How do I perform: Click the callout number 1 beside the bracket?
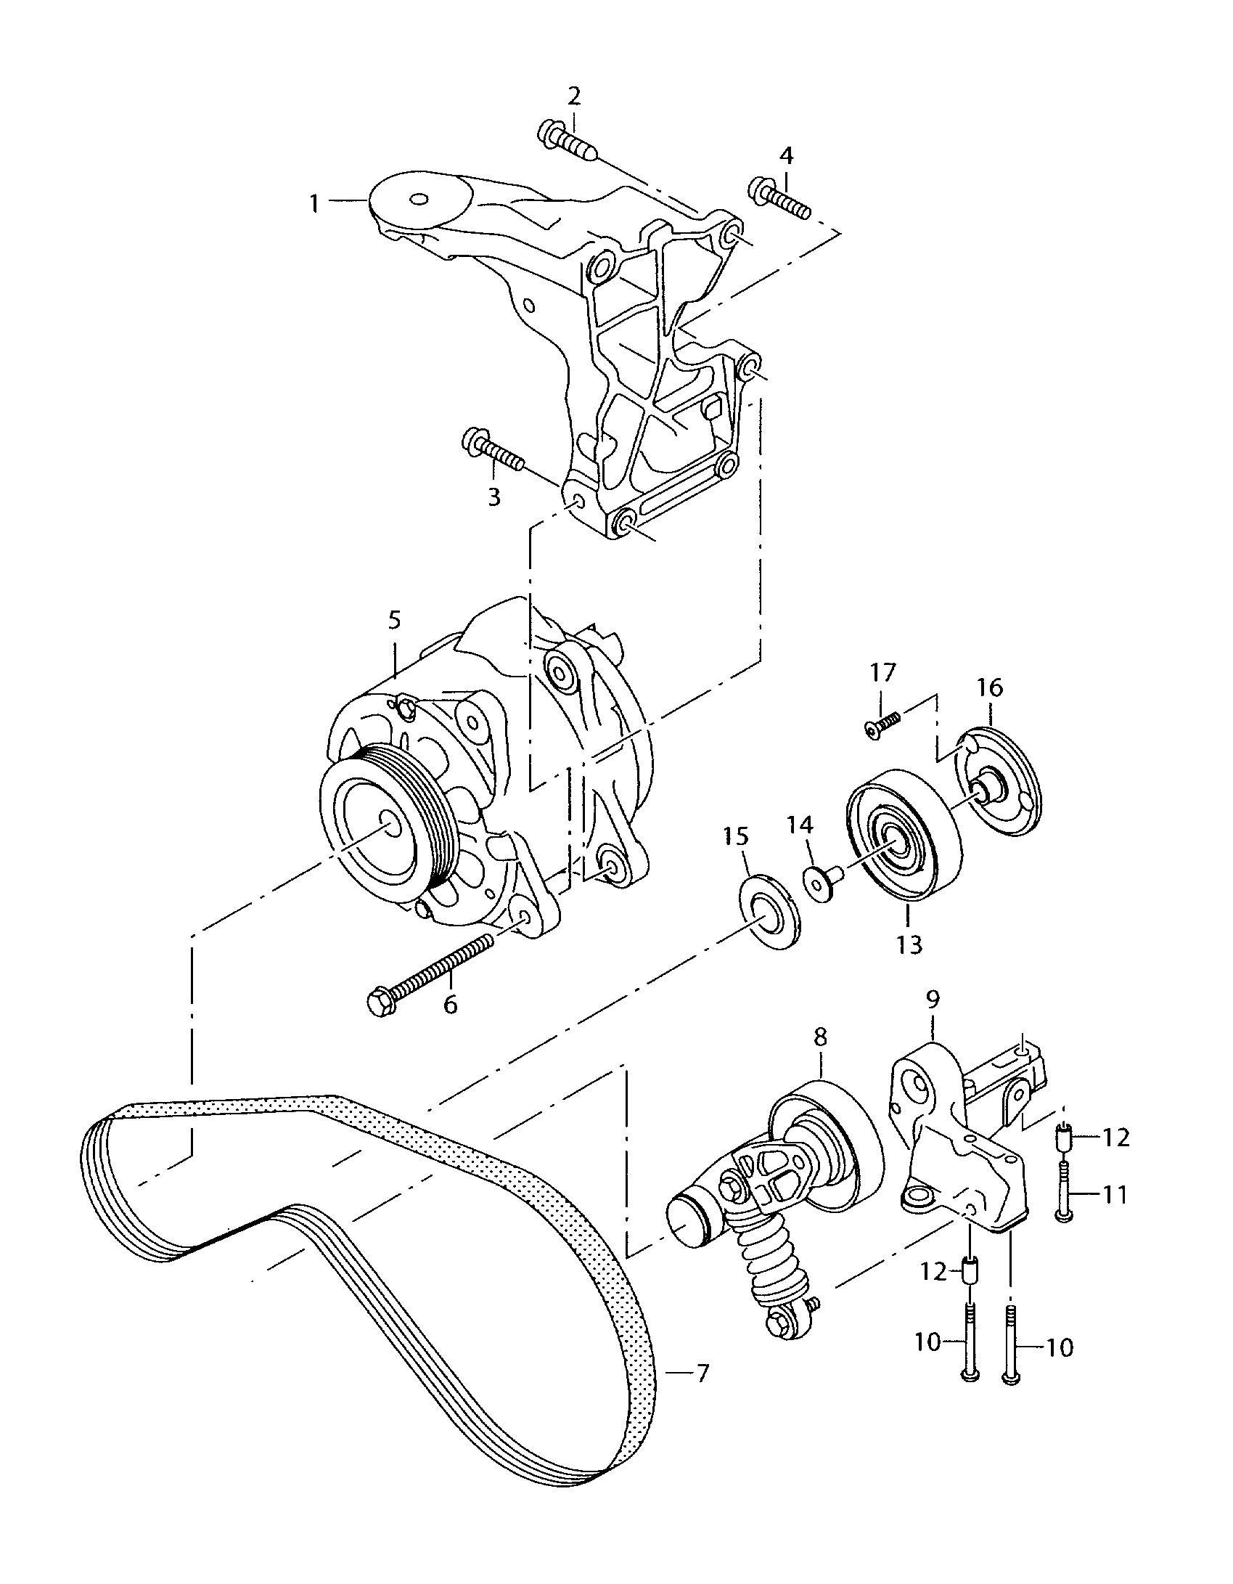click(314, 203)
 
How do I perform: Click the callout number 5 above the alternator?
click(394, 621)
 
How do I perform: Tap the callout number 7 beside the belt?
click(702, 1374)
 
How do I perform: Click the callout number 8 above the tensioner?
click(820, 1037)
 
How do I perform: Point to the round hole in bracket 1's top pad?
click(419, 200)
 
